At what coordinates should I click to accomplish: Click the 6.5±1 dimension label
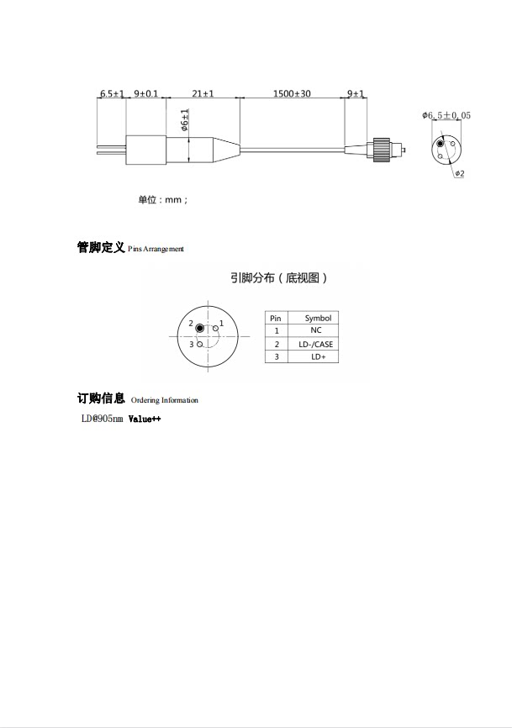tap(112, 94)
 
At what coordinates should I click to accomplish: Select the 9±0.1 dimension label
tap(145, 94)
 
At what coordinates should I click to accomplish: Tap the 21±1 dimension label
tap(203, 94)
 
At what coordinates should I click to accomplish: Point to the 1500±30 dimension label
tap(292, 94)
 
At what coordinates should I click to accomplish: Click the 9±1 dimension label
tap(356, 94)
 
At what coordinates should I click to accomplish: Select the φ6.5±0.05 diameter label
tap(446, 115)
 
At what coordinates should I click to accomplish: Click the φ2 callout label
tap(460, 173)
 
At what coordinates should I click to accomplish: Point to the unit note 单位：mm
tap(163, 200)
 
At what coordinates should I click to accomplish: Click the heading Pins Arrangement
tap(156, 250)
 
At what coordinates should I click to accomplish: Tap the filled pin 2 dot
tap(200, 327)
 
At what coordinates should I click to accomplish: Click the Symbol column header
tap(318, 318)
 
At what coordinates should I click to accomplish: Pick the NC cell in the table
tap(316, 330)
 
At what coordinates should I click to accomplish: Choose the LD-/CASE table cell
tap(316, 344)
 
